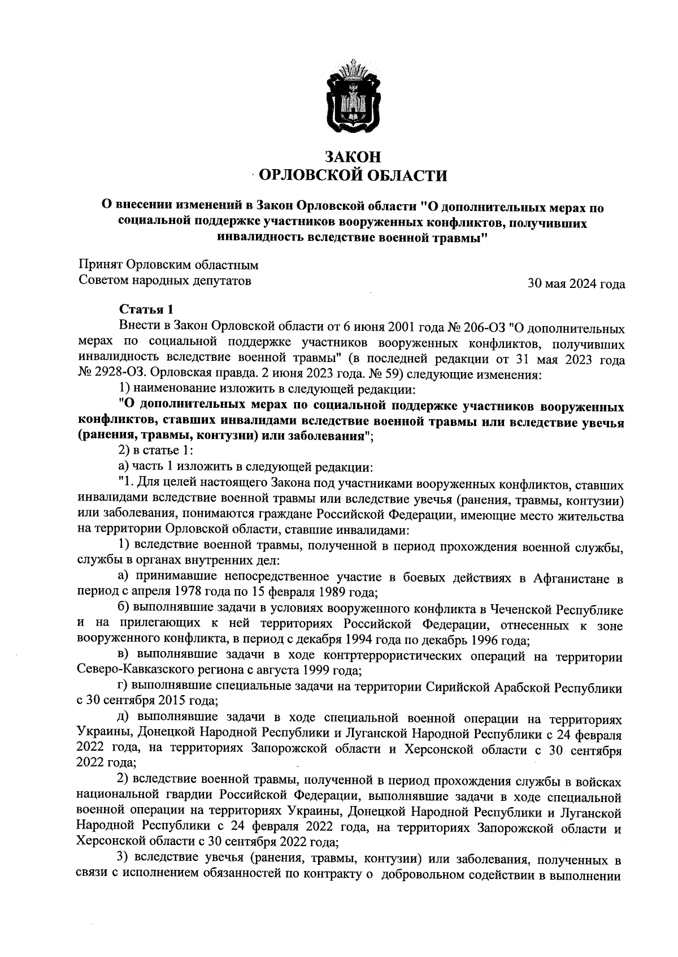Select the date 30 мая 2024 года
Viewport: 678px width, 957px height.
click(576, 284)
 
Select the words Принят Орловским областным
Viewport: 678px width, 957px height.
click(168, 265)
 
